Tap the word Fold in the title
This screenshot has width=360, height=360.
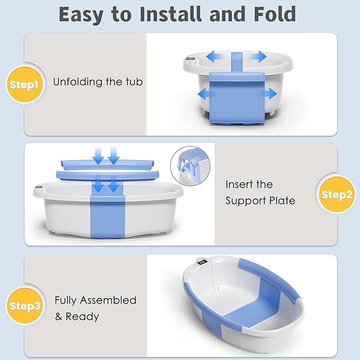[x=275, y=14]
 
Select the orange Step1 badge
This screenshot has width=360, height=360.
[x=24, y=85]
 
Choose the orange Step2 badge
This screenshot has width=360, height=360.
[x=336, y=195]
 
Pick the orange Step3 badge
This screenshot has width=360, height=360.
[x=24, y=306]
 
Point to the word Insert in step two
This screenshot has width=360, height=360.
[x=239, y=184]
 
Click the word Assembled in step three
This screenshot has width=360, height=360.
[x=108, y=300]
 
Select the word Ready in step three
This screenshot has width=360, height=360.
[x=82, y=317]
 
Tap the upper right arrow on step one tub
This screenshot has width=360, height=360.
[x=257, y=56]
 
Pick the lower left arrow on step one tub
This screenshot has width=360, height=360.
[x=206, y=94]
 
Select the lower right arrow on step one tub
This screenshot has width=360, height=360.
[x=268, y=93]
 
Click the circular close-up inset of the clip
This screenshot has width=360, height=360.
[x=190, y=166]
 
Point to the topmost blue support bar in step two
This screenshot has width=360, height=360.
[x=108, y=164]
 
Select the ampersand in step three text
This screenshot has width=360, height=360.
[x=58, y=317]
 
